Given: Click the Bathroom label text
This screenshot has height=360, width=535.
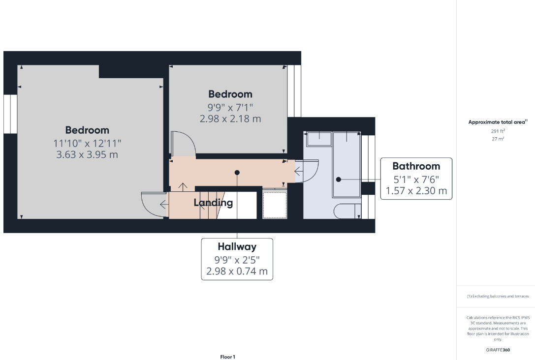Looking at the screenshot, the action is [416, 166].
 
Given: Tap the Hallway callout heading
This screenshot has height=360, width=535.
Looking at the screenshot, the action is [237, 246].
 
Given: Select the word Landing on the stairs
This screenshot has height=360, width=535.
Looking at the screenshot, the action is [213, 203].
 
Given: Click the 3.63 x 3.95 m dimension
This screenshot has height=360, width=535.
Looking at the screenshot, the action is [87, 154].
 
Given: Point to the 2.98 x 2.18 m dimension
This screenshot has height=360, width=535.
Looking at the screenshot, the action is [230, 119].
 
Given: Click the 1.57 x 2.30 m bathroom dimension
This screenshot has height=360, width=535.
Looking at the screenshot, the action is [416, 190].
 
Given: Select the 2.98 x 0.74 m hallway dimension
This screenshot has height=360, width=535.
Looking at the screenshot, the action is [237, 271].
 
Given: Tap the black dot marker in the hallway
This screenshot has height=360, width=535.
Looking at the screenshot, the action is [237, 173].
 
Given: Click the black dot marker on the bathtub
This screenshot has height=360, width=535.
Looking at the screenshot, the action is [339, 180].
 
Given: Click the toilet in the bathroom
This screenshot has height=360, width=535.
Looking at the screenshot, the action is [347, 211].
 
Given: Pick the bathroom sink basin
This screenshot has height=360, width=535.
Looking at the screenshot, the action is [319, 140].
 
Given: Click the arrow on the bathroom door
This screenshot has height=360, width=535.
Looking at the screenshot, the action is [299, 171].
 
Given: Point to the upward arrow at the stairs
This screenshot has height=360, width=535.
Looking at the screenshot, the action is [183, 187].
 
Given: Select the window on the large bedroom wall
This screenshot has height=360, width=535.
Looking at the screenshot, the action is [10, 114].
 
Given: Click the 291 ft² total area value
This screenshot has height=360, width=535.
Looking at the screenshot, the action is [498, 131].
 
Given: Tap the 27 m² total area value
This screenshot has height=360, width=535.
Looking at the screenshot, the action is [498, 139].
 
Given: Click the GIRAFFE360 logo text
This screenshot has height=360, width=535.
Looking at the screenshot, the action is [498, 350].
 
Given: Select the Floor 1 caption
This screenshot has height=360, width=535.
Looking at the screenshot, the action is [228, 357].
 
